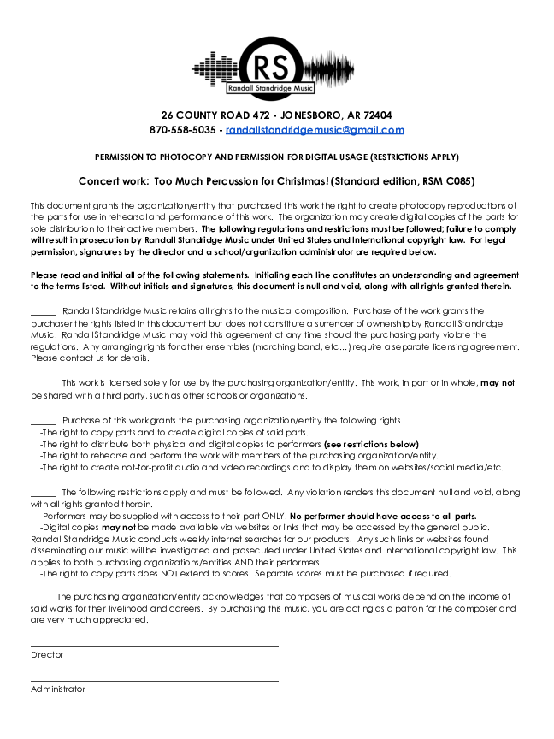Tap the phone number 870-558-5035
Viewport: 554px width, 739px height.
183,130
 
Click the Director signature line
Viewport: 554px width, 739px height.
155,646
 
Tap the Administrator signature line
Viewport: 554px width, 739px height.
155,681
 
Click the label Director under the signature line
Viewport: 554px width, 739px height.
47,655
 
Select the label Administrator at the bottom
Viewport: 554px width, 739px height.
58,689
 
